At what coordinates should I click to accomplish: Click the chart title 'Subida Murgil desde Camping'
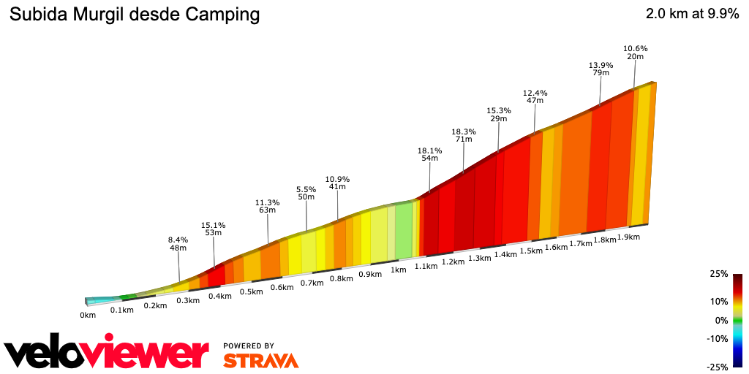[x=134, y=15]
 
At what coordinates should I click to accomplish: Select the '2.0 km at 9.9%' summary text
[x=692, y=15]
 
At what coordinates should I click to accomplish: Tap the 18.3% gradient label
[x=464, y=132]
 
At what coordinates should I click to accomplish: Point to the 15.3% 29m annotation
[x=499, y=115]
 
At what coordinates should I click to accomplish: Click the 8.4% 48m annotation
[x=178, y=243]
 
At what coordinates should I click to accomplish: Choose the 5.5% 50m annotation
[x=306, y=192]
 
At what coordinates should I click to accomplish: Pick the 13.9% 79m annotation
[x=601, y=69]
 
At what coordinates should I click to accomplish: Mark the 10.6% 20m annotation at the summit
[x=635, y=53]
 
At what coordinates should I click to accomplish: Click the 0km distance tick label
[x=88, y=315]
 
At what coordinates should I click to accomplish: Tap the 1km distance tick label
[x=398, y=270]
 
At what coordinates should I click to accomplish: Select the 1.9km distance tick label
[x=628, y=237]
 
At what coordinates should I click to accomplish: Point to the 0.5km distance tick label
[x=251, y=291]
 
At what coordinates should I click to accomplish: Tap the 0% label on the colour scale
[x=720, y=320]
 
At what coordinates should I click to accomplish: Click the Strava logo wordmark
[x=260, y=360]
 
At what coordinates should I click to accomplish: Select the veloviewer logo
[x=106, y=354]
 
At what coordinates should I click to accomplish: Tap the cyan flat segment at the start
[x=101, y=299]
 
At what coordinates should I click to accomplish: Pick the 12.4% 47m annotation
[x=535, y=96]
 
